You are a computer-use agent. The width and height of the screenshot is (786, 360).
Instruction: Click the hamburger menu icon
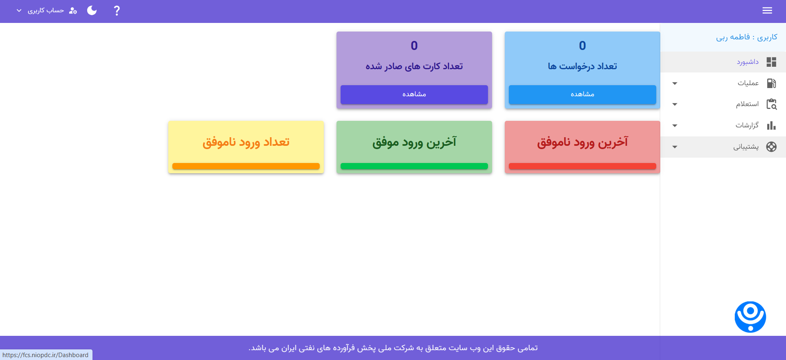(767, 11)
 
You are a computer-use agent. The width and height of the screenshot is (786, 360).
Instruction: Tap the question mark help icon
(117, 11)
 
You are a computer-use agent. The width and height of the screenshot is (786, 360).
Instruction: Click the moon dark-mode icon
(92, 11)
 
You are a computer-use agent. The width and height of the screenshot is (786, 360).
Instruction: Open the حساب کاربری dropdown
(45, 11)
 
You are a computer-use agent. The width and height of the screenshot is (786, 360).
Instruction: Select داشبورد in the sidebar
(748, 62)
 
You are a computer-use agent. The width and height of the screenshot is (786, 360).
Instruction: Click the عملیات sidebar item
(748, 83)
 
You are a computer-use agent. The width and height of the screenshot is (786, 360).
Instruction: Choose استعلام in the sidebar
(747, 104)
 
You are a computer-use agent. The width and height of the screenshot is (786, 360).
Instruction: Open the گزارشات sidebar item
(747, 125)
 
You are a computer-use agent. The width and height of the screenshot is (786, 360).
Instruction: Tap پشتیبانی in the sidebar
(745, 147)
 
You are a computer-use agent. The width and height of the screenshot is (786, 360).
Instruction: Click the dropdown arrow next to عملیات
(675, 84)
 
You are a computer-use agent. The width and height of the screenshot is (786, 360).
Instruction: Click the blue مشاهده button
(582, 94)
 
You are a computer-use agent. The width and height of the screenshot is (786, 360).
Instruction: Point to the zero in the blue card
(582, 45)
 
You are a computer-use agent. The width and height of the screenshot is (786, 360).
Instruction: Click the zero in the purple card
(414, 45)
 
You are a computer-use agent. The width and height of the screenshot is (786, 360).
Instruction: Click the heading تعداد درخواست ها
(582, 66)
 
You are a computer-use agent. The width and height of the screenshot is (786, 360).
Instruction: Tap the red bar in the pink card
(582, 166)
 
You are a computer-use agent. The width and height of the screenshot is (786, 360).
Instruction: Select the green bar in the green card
(414, 166)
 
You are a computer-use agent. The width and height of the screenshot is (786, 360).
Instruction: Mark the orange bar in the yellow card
(246, 166)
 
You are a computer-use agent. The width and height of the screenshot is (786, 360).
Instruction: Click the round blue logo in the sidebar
(750, 317)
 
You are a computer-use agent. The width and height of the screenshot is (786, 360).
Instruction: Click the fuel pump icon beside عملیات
(771, 83)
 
